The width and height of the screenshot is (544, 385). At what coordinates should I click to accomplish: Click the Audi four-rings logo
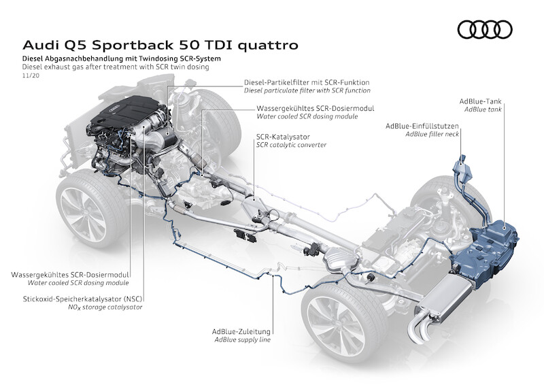pyautogui.click(x=485, y=30)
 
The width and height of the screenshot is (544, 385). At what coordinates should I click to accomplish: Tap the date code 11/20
pyautogui.click(x=29, y=77)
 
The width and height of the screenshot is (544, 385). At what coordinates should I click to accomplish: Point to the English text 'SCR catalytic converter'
pyautogui.click(x=291, y=145)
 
